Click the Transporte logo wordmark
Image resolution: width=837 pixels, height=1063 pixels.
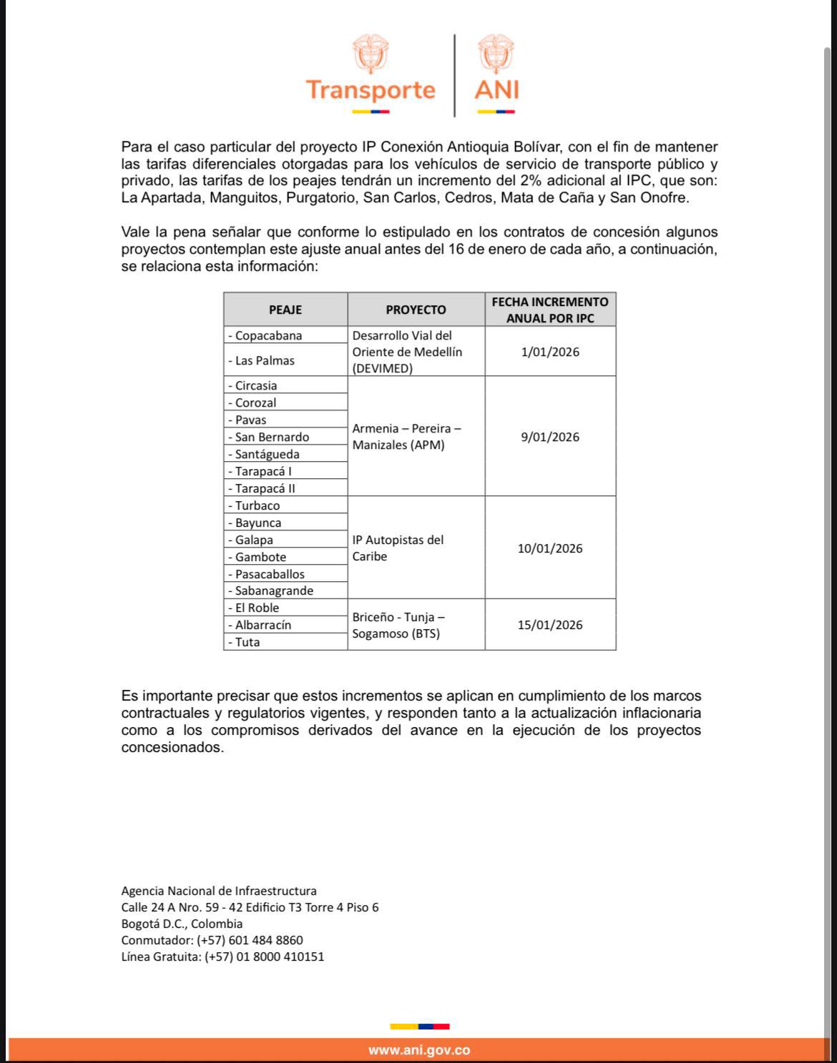click(x=370, y=90)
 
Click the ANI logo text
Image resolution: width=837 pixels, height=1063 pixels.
click(x=496, y=90)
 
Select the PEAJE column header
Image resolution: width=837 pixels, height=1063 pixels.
click(x=285, y=310)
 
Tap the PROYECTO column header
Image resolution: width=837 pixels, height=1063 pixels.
click(x=416, y=310)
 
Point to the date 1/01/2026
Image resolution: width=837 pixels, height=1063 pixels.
click(x=550, y=352)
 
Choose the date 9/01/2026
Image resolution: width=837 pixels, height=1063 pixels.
click(x=550, y=437)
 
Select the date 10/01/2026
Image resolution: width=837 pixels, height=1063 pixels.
click(x=550, y=548)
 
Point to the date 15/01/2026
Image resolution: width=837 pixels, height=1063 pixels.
click(x=550, y=625)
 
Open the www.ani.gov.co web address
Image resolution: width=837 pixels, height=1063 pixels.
click(x=419, y=1050)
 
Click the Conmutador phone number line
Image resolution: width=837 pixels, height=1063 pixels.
click(x=212, y=940)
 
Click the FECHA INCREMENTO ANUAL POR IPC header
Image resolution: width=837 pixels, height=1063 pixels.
click(x=550, y=310)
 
